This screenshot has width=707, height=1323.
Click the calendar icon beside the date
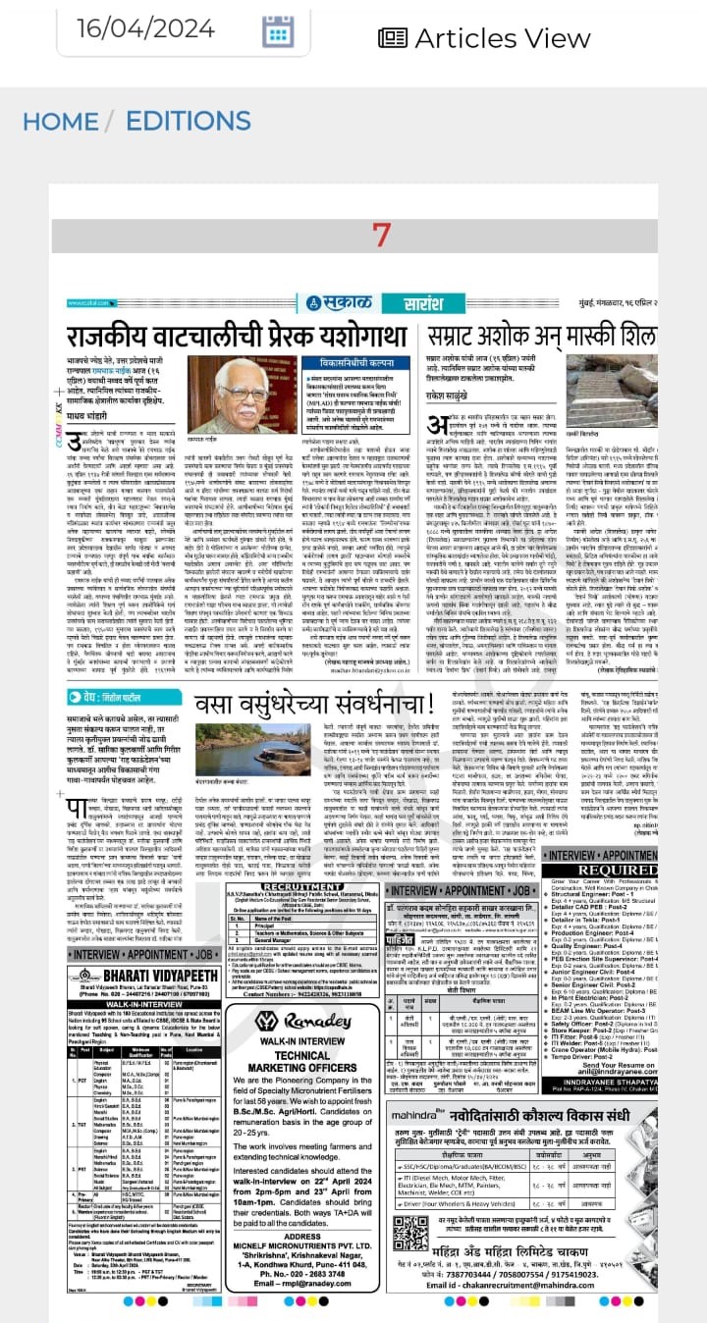pos(278,32)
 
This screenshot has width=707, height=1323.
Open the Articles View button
pos(484,37)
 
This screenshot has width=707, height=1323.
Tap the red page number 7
pos(381,236)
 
